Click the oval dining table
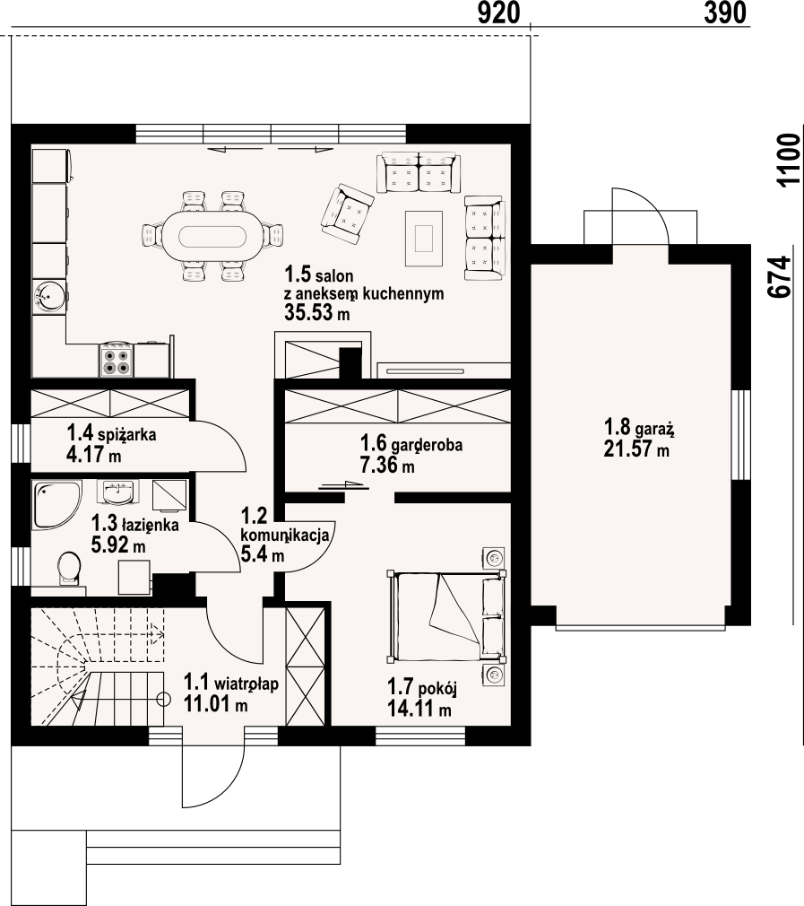point(213,236)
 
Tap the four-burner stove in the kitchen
point(117,360)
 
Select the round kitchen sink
point(49,296)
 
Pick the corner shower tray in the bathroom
point(56,504)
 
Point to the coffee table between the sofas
point(424,238)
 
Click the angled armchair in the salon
point(347,212)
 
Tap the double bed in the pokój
point(446,616)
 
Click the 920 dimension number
point(499,13)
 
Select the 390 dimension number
point(725,13)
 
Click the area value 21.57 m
point(636,449)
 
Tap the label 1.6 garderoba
point(411,444)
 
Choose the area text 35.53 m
point(317,312)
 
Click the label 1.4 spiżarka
point(111,432)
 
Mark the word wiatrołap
point(246,684)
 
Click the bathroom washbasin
point(120,493)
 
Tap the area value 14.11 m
point(419,708)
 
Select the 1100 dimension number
point(789,160)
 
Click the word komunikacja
point(284,535)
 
